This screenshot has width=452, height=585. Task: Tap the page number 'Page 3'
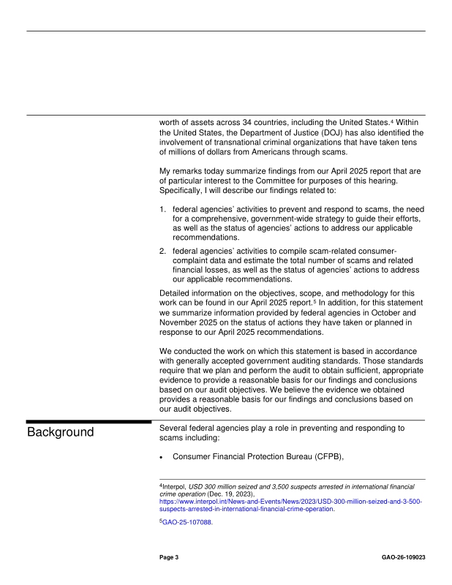coord(170,557)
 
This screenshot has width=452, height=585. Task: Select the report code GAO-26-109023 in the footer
coord(403,557)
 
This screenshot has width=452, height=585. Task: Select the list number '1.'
coord(164,209)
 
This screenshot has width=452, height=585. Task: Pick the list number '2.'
coord(164,251)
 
